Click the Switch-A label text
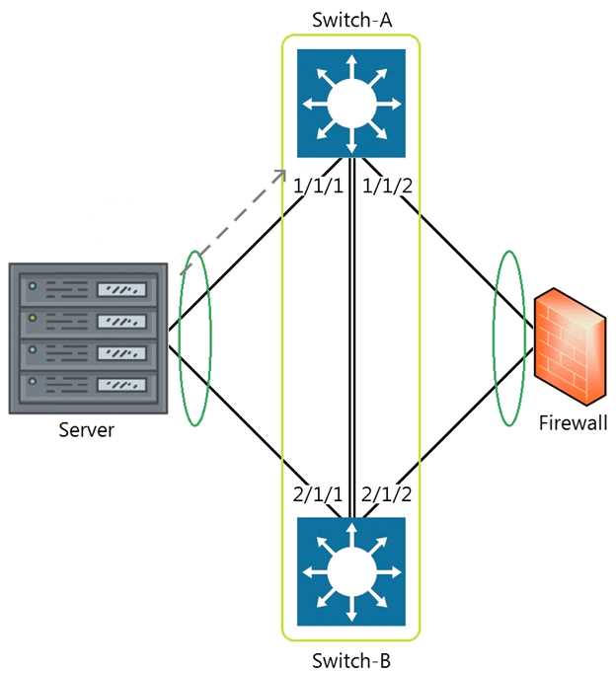coord(351,20)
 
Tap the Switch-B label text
coord(351,660)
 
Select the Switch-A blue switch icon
coord(351,104)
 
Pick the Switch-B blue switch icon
coord(351,571)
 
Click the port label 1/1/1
coord(319,187)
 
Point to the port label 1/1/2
coord(387,187)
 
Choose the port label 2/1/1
coord(318,494)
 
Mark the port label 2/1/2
coord(386,494)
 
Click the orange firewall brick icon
coord(570,346)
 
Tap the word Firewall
coord(573,423)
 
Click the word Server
coord(87,430)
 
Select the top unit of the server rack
coord(88,290)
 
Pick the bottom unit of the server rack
coord(88,385)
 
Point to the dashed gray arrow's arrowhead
coord(281,174)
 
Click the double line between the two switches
coord(352,337)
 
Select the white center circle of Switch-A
coord(351,104)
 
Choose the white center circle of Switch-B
coord(351,572)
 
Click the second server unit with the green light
coord(88,322)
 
